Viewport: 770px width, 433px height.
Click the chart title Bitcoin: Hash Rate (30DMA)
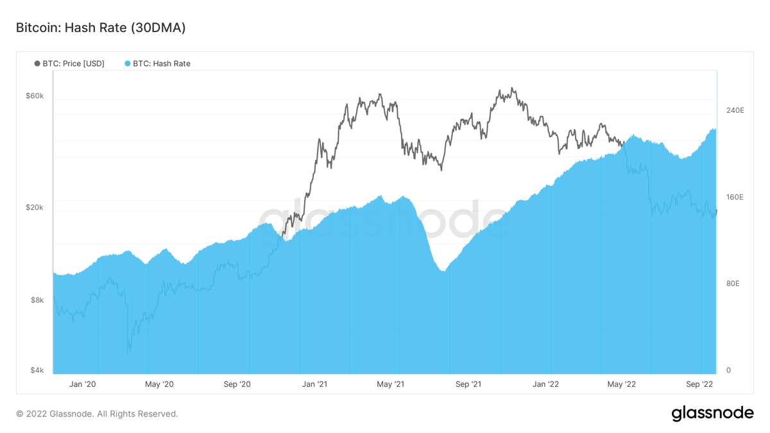click(x=101, y=28)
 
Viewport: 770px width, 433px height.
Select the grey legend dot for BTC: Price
click(x=37, y=64)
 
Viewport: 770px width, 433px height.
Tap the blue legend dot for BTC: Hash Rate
click(x=128, y=64)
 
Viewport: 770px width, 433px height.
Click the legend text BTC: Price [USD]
click(x=74, y=64)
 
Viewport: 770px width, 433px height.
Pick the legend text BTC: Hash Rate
click(x=162, y=64)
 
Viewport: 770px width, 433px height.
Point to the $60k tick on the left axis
click(x=35, y=96)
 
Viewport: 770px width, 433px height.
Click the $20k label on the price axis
click(x=35, y=207)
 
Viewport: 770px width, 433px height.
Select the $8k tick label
click(x=37, y=300)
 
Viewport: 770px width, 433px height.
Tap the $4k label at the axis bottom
click(x=37, y=370)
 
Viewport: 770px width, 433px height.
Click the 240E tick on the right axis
click(x=735, y=110)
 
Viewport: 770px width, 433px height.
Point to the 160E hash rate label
click(x=735, y=197)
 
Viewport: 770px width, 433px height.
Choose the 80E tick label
click(x=733, y=284)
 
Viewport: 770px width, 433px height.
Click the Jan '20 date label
click(x=83, y=384)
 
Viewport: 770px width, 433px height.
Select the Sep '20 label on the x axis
click(x=237, y=384)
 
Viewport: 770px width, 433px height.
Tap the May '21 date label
click(x=391, y=384)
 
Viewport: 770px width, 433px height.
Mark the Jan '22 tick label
click(x=546, y=384)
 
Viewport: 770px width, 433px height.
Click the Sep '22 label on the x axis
click(x=699, y=384)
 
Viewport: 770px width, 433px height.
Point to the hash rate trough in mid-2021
click(x=443, y=271)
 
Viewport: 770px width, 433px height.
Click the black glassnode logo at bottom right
click(x=713, y=413)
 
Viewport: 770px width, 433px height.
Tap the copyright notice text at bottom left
click(x=98, y=414)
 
